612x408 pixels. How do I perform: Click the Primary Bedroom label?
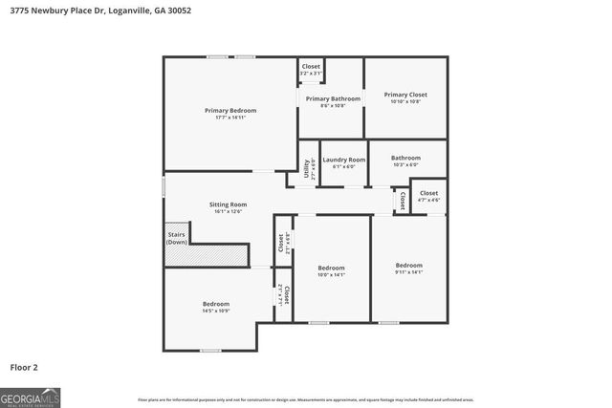point(230,110)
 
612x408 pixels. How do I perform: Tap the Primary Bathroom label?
point(333,98)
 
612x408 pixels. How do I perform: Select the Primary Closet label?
point(405,95)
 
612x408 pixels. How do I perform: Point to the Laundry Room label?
point(343,160)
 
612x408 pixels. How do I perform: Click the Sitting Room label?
point(228,204)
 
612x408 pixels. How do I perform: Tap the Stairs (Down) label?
point(177,238)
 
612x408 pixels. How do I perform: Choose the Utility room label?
point(306,169)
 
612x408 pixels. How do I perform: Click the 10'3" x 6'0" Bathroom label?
point(405,158)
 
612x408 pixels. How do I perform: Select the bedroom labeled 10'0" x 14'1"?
point(331,268)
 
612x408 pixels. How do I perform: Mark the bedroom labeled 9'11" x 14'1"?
point(409,265)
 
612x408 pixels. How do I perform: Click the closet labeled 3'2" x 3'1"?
point(311,66)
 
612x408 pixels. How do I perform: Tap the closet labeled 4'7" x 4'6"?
point(428,193)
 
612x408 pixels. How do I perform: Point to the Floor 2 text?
point(24,367)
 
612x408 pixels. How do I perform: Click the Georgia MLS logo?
point(31,397)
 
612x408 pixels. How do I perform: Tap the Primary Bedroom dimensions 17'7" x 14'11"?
point(230,118)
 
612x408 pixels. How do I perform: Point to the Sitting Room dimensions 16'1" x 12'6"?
point(228,212)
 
